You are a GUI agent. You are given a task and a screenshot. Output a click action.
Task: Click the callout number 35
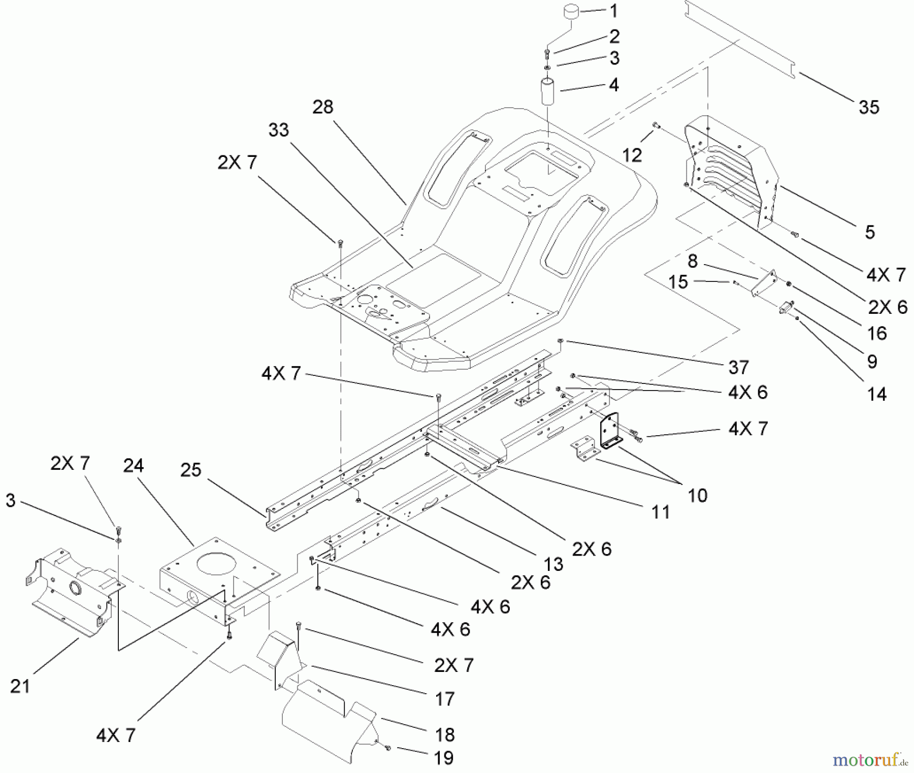click(x=868, y=108)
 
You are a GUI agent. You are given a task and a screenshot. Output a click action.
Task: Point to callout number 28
click(x=323, y=107)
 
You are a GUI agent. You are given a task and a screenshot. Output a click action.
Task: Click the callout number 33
click(x=279, y=130)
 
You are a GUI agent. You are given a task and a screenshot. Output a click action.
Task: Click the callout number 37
click(x=738, y=367)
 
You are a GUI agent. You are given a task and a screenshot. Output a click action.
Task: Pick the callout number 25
click(x=191, y=470)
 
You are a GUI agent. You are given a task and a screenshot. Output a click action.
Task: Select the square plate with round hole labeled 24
click(x=218, y=574)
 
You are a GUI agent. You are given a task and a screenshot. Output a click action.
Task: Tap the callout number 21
click(x=20, y=687)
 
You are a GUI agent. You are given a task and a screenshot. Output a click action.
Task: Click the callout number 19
click(x=444, y=758)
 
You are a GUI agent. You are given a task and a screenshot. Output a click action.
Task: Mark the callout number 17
click(x=445, y=699)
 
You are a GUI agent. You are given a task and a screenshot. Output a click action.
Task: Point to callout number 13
click(x=553, y=563)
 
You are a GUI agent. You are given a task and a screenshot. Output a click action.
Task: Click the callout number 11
click(x=660, y=512)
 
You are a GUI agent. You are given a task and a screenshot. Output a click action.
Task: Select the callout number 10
click(x=697, y=495)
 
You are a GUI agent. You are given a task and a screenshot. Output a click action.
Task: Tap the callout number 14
click(x=877, y=394)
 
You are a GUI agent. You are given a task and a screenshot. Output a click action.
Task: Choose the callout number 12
click(x=632, y=155)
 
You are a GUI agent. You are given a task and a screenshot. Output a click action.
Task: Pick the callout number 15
click(x=678, y=282)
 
